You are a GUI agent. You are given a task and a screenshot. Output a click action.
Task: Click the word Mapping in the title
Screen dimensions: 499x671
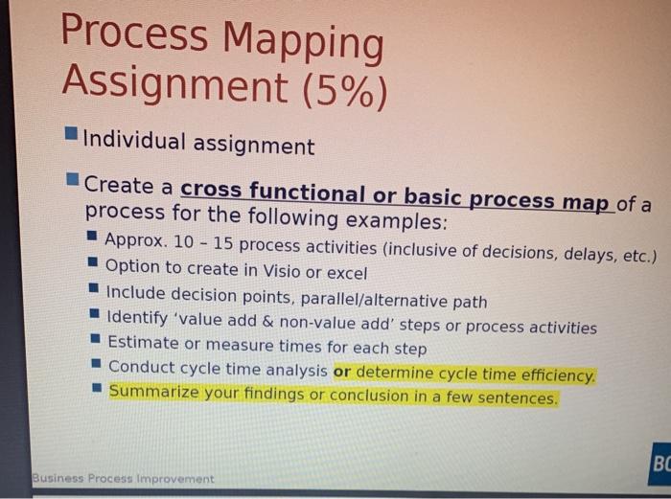(304, 43)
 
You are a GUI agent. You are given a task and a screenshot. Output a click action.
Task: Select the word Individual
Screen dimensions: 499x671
(134, 142)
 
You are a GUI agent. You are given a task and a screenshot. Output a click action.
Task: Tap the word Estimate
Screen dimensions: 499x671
(143, 342)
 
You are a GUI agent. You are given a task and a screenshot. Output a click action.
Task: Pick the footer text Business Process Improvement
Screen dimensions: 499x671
(122, 478)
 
